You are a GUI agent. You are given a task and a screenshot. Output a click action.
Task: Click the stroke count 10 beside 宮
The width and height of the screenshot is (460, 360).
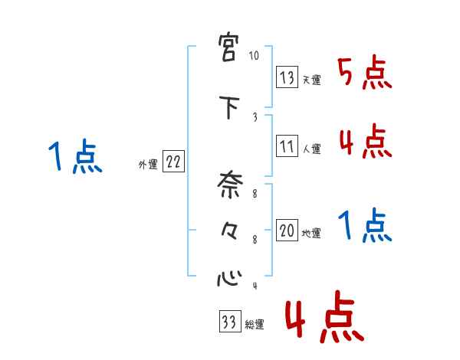tap(255, 57)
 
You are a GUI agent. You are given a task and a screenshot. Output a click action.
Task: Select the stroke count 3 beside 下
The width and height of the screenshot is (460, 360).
tap(255, 116)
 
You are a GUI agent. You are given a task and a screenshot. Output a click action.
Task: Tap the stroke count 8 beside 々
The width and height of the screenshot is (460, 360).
tap(255, 239)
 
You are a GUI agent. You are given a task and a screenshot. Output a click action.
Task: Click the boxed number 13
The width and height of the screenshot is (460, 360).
tap(287, 77)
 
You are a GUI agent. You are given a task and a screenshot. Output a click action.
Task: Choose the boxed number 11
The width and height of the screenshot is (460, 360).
tap(287, 146)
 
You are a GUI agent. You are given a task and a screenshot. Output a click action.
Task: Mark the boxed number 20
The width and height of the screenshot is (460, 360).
tap(287, 231)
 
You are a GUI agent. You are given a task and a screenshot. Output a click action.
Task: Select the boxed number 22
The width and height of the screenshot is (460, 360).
tap(173, 162)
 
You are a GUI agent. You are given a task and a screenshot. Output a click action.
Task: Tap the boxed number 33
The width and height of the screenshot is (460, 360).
tap(228, 322)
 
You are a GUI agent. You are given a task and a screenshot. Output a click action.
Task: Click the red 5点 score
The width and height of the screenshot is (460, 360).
tap(365, 74)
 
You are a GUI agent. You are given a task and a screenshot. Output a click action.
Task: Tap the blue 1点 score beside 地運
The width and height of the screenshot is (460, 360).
tap(365, 226)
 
